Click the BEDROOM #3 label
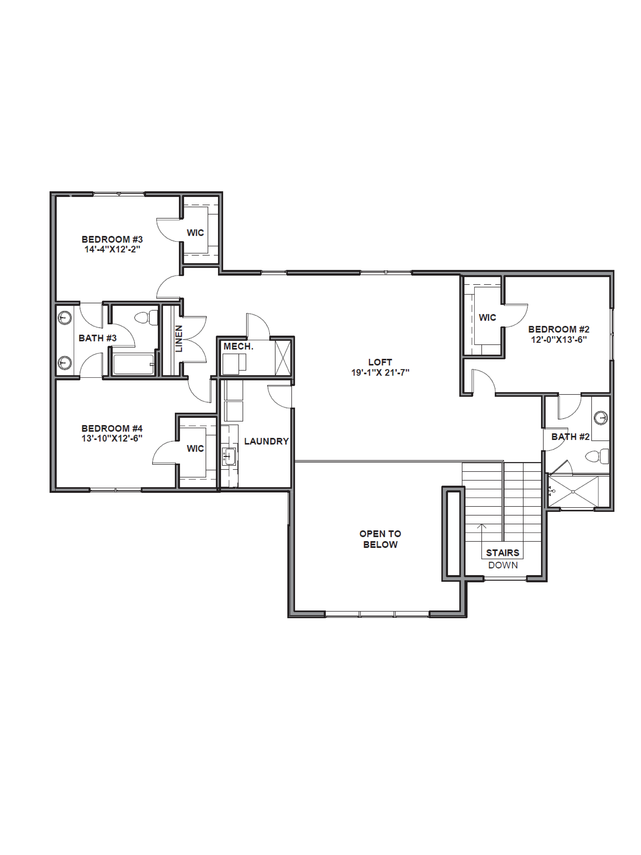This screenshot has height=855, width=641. tap(112, 239)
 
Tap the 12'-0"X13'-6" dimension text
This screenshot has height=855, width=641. tap(559, 340)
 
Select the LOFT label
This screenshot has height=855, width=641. tap(380, 362)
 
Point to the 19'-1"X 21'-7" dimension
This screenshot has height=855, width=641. tap(380, 373)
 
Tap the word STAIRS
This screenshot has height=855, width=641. tap(502, 553)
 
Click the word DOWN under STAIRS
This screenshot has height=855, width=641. tap(503, 565)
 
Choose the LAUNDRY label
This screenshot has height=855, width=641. tap(266, 441)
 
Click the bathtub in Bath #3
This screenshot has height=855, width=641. tap(134, 365)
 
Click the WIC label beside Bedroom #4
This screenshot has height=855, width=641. tap(195, 448)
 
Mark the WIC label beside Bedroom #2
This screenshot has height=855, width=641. tap(487, 317)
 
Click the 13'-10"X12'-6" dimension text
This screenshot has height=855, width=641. tap(112, 438)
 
